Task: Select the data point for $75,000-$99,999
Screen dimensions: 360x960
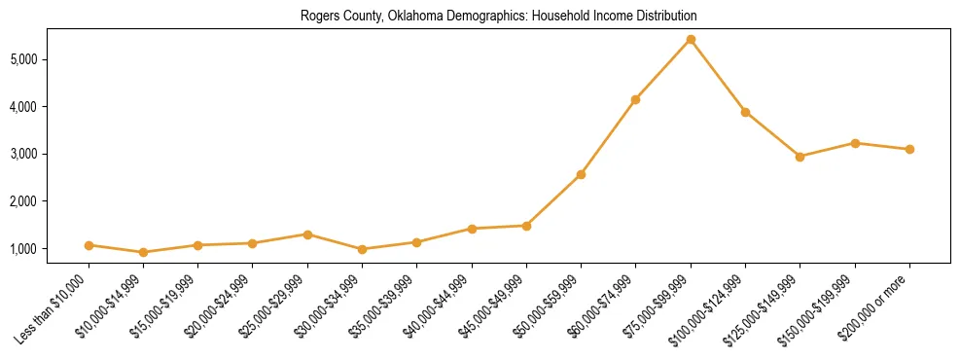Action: (691, 40)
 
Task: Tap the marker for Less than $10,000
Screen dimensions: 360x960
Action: (89, 245)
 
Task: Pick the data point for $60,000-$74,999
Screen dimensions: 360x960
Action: (635, 99)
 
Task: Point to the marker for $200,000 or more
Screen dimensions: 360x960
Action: (909, 149)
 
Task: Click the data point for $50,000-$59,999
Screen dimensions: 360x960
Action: (581, 174)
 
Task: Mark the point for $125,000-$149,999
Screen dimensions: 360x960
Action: (800, 157)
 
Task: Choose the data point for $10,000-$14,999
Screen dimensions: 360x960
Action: (144, 252)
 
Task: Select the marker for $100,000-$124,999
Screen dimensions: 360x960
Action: (745, 112)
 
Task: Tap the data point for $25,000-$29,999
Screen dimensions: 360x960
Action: (307, 234)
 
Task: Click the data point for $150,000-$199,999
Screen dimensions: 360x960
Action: (855, 143)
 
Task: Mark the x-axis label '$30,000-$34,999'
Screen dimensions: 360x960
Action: (330, 306)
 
